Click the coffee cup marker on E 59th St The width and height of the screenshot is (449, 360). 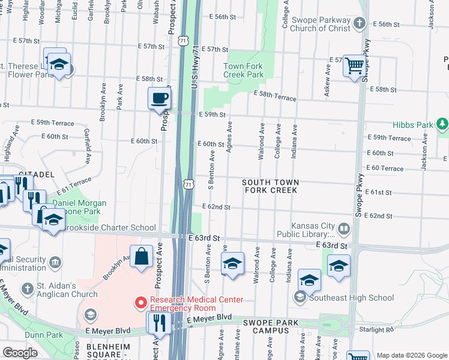click(x=160, y=98)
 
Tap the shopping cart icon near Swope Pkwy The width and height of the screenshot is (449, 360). click(x=354, y=64)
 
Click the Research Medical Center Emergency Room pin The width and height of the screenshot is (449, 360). click(x=140, y=301)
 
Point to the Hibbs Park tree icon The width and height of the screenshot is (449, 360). click(x=442, y=124)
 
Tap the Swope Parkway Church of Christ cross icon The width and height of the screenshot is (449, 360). click(x=358, y=24)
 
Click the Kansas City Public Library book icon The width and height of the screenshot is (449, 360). click(x=344, y=228)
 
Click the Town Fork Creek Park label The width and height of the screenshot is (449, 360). click(x=243, y=70)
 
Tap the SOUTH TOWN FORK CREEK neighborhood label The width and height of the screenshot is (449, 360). click(x=270, y=186)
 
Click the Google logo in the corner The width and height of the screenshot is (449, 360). click(x=20, y=353)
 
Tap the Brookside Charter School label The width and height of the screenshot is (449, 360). click(x=107, y=228)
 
